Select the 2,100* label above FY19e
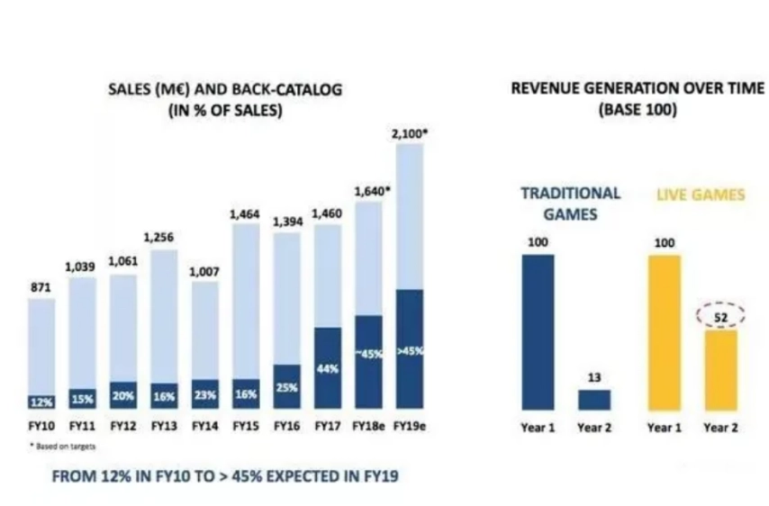pos(410,132)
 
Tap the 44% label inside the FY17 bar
pos(328,369)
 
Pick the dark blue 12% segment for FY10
pos(41,401)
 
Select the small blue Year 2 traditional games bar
pos(594,400)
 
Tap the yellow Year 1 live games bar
pos(665,332)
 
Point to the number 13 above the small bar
pos(594,377)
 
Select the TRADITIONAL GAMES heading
pos(570,203)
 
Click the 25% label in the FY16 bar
pos(287,388)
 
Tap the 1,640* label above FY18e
pos(369,191)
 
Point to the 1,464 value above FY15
pos(246,214)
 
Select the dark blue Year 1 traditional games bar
pos(538,332)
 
